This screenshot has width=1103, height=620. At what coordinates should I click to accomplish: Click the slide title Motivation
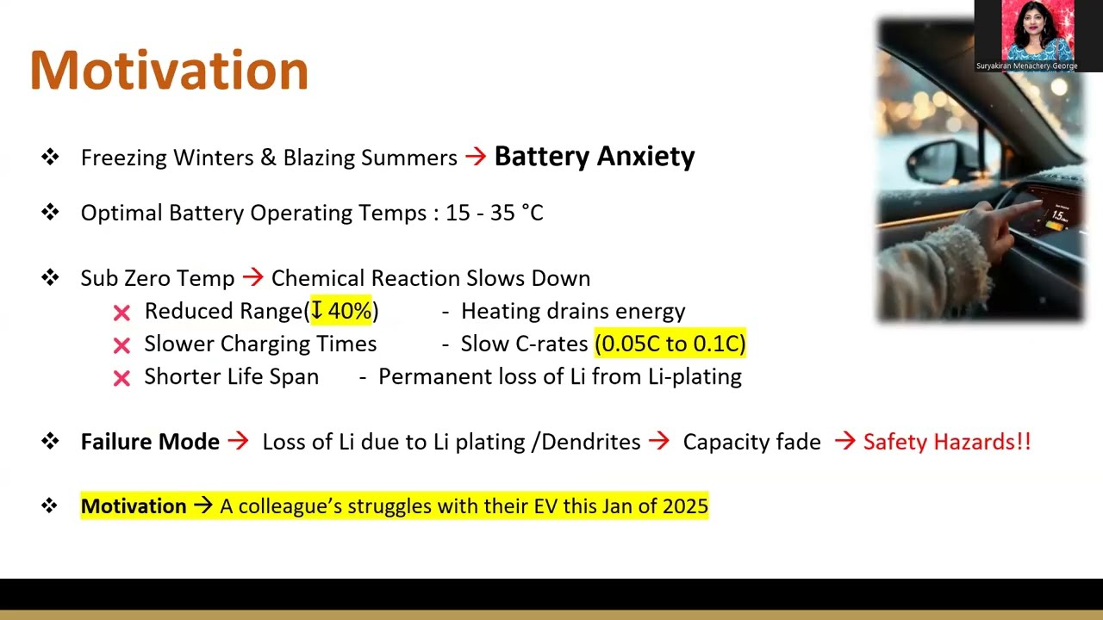169,71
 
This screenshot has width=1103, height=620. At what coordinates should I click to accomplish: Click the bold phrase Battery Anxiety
594,157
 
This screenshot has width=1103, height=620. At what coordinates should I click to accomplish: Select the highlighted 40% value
342,311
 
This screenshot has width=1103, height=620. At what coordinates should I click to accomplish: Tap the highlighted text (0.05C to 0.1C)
670,344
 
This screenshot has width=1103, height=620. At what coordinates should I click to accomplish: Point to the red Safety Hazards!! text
946,442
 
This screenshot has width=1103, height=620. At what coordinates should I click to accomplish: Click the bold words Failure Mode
150,442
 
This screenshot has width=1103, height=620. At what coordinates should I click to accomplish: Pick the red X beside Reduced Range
122,313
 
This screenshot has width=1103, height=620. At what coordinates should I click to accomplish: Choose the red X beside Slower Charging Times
122,345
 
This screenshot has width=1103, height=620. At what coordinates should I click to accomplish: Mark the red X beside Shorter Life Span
122,378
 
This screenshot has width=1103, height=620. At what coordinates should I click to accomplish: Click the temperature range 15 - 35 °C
494,213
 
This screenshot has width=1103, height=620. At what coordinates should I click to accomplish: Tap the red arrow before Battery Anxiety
475,157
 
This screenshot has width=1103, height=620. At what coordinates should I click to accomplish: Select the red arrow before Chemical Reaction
252,277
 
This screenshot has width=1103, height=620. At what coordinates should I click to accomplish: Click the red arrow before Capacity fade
659,442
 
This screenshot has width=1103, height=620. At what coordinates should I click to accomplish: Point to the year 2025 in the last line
685,506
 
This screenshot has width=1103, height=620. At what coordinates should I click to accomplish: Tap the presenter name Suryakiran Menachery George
1026,65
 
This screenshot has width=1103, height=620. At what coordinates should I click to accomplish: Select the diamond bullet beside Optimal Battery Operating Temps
50,212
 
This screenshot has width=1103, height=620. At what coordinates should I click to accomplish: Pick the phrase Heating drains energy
573,311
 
